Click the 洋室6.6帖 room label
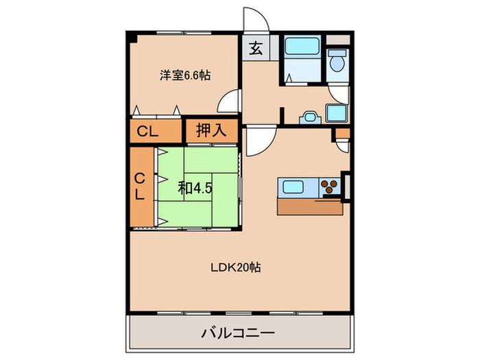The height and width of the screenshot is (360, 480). pyautogui.click(x=185, y=75)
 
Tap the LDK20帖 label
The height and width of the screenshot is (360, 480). pyautogui.click(x=236, y=267)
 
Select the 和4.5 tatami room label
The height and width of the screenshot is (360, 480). pyautogui.click(x=195, y=188)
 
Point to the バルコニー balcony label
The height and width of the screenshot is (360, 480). pyautogui.click(x=238, y=333)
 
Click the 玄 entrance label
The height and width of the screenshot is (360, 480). pyautogui.click(x=256, y=48)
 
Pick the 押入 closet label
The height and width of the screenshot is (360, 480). pyautogui.click(x=211, y=130)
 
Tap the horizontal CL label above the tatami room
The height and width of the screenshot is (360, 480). pyautogui.click(x=147, y=132)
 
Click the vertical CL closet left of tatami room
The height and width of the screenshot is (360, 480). pyautogui.click(x=140, y=186)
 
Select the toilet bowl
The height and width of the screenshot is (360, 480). pyautogui.click(x=337, y=60)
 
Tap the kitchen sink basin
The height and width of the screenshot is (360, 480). pyautogui.click(x=293, y=187)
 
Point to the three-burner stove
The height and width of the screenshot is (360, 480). pyautogui.click(x=329, y=186)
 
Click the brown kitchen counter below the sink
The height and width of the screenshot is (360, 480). pyautogui.click(x=310, y=206)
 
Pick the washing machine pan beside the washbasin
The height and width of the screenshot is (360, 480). pyautogui.click(x=337, y=113)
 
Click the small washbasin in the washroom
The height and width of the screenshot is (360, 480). pyautogui.click(x=310, y=118)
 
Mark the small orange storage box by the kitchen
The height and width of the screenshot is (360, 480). pyautogui.click(x=343, y=133)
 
